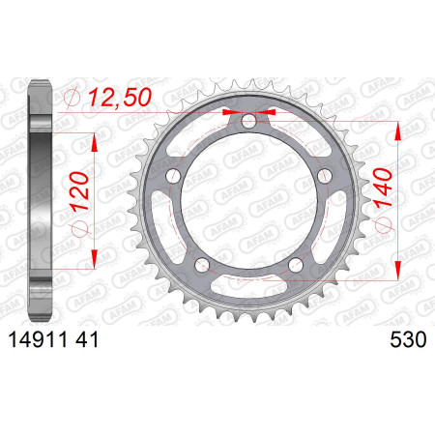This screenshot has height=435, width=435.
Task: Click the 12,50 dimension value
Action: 120,97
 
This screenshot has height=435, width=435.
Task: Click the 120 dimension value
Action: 79,191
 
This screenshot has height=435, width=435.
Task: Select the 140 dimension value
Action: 383,188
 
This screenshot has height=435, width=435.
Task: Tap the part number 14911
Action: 39,339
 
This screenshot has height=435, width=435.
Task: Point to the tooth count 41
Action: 87,339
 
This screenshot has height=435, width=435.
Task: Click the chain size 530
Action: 408,339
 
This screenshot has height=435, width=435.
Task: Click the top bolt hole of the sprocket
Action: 248,121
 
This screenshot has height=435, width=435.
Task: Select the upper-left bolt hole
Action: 173,176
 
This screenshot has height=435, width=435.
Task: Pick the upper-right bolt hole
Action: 325,176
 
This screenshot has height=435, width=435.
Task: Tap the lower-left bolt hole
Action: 202,265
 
